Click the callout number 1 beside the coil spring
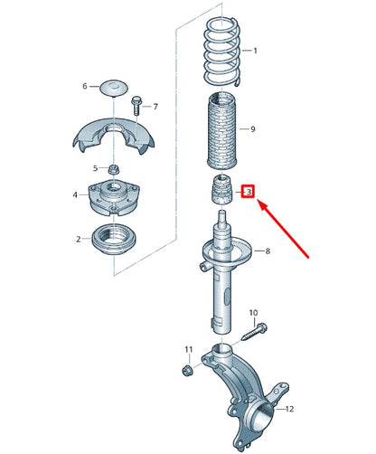pos(255,51)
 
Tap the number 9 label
pos(252,129)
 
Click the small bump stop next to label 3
pos(221,193)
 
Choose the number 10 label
pos(253,312)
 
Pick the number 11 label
pos(188,349)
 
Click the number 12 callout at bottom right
pos(289,409)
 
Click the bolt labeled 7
pos(136,107)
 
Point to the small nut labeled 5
pos(115,169)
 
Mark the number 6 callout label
pos(85,87)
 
